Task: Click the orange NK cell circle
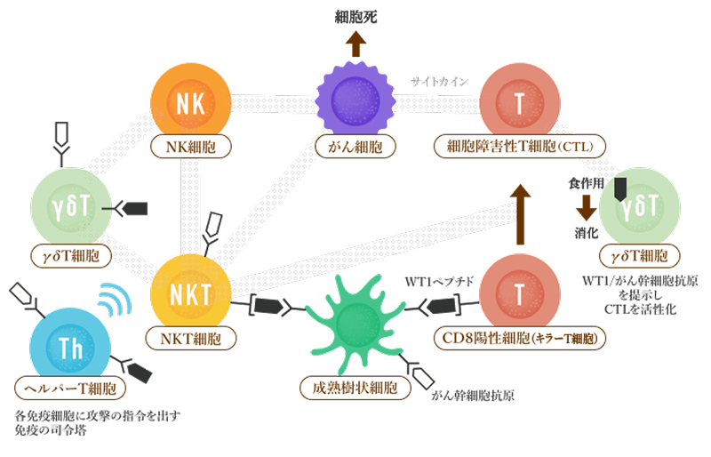pos(193,102)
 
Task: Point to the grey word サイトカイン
pos(438,82)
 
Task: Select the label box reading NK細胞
pos(193,146)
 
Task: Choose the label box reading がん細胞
pos(355,146)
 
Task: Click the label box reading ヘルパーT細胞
pos(70,389)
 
